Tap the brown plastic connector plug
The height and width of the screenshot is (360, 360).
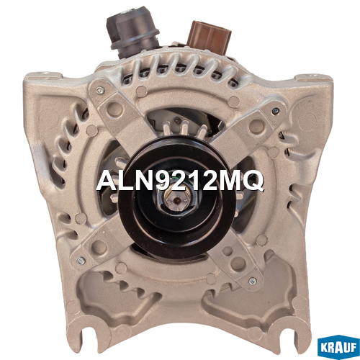click(x=209, y=37)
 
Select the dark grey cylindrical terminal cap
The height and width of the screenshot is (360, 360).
click(x=132, y=31)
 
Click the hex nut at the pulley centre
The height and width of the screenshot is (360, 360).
click(x=176, y=199)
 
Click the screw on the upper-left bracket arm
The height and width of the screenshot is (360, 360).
click(x=100, y=91)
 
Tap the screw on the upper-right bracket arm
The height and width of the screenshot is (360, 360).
click(x=276, y=111)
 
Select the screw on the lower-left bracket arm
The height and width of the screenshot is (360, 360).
click(x=81, y=261)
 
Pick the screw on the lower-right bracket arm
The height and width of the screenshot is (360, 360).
click(x=253, y=281)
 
